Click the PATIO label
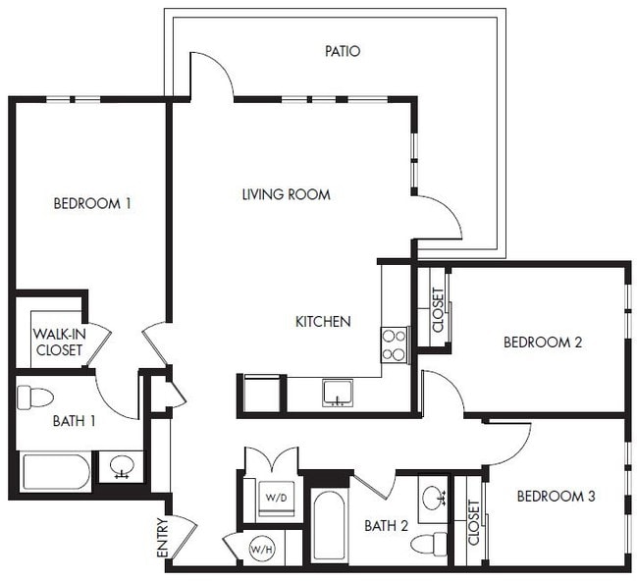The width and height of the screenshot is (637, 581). click(342, 50)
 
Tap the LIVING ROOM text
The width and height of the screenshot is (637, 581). click(286, 194)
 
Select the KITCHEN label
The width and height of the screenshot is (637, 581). click(323, 321)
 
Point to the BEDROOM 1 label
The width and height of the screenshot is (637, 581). click(92, 204)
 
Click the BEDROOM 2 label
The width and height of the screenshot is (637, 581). click(543, 343)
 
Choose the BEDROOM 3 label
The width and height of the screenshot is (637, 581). click(556, 497)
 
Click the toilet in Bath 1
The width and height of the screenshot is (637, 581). click(35, 397)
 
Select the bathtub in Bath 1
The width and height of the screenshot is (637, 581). click(56, 472)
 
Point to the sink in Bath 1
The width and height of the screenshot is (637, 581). click(123, 465)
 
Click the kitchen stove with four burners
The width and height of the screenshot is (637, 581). click(394, 344)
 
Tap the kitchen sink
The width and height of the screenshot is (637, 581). click(337, 393)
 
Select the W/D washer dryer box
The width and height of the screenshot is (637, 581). click(276, 498)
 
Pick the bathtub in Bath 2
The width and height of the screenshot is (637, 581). click(328, 526)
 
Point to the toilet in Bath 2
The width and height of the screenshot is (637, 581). click(428, 543)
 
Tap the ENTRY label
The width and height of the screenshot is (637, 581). click(162, 539)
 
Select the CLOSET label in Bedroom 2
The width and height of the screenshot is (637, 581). click(438, 309)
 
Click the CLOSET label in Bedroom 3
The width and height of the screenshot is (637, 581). click(474, 522)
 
